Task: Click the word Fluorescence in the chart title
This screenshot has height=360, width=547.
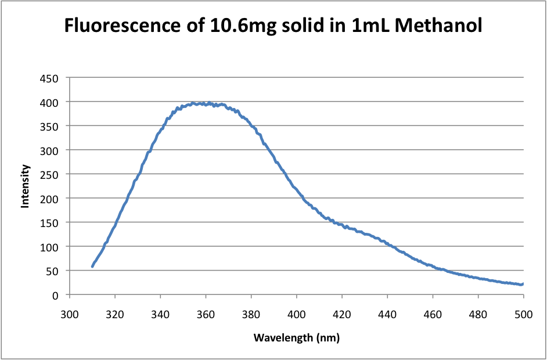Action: (x=116, y=26)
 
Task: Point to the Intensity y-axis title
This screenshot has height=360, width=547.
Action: (x=26, y=186)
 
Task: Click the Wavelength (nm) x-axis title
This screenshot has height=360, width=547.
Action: (x=296, y=337)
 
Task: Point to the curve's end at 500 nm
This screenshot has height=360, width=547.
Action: (x=523, y=285)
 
